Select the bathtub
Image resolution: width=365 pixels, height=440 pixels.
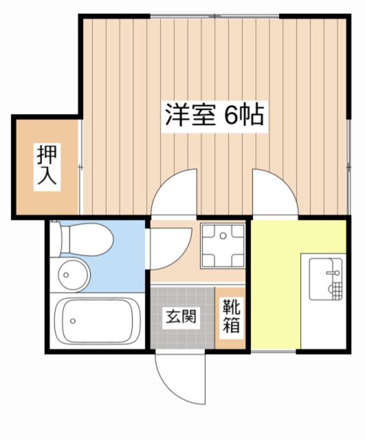tap(96, 320)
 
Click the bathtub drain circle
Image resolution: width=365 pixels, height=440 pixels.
tap(73, 320)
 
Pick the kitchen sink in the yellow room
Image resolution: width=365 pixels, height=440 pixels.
tap(326, 279)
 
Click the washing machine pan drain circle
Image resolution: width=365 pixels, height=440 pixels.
tap(223, 236)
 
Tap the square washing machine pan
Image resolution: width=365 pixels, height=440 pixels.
tap(223, 245)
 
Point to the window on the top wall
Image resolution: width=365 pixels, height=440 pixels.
tap(214, 16)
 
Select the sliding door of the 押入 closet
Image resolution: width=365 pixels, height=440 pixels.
tap(80, 167)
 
